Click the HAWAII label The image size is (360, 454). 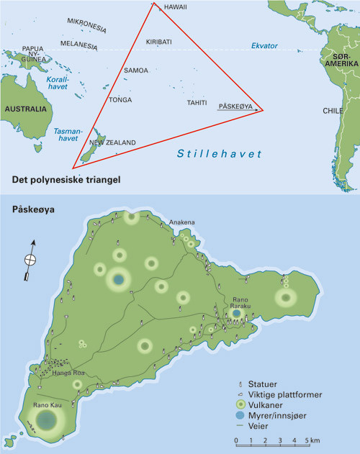pyautogui.click(x=176, y=7)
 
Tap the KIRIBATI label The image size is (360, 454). pyautogui.click(x=159, y=42)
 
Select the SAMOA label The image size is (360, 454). pyautogui.click(x=136, y=71)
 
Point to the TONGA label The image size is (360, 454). pyautogui.click(x=120, y=99)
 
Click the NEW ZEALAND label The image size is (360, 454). pyautogui.click(x=112, y=142)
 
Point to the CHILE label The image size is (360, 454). pyautogui.click(x=332, y=111)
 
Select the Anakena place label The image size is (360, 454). pyautogui.click(x=181, y=222)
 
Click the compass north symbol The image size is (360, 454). pyautogui.click(x=30, y=260)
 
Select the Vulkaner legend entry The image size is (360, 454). pyautogui.click(x=271, y=405)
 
